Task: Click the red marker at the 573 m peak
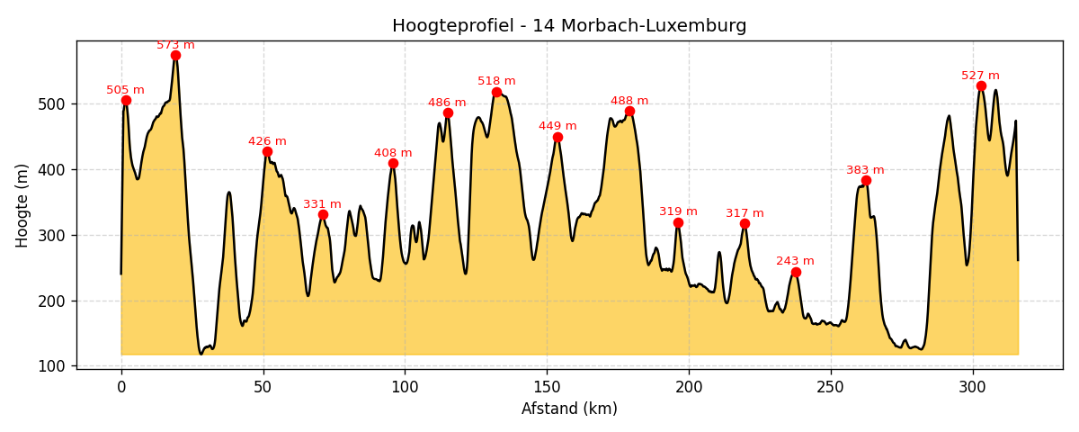pos(175,55)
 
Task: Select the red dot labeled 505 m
pos(126,100)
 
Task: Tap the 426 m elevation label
pos(267,141)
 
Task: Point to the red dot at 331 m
pos(323,214)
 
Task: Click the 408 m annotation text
pos(393,153)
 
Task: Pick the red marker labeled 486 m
pos(448,112)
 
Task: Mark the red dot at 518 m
pos(496,92)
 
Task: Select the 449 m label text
pos(557,126)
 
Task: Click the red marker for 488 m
pos(629,112)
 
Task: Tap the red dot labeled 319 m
pos(678,222)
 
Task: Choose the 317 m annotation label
pos(745,213)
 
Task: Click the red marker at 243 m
pos(796,272)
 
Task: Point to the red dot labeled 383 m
pos(866,180)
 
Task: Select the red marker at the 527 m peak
pos(981,86)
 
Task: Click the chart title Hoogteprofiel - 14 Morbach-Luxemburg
pos(569,26)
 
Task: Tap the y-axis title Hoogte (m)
pos(22,205)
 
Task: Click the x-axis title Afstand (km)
pos(569,409)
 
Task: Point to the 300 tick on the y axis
pos(55,235)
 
